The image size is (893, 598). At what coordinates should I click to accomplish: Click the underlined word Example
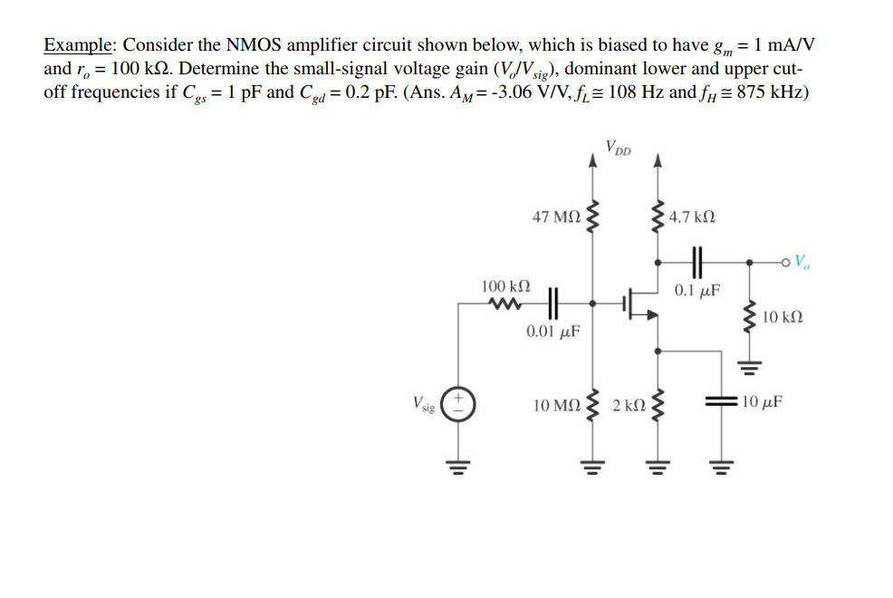[79, 45]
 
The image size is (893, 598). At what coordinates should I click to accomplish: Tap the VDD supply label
[620, 147]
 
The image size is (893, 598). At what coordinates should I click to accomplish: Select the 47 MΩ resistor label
[557, 217]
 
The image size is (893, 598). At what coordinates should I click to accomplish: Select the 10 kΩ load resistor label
[783, 317]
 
